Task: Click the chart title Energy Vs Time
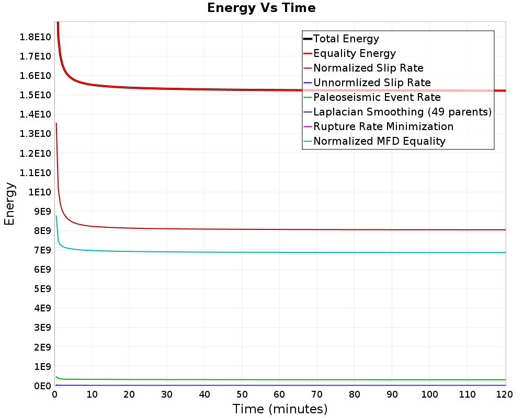pos(261,8)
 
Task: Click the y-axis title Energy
pos(9,203)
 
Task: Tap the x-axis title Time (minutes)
pos(280,409)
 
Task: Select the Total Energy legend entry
pos(346,39)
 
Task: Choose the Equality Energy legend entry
pos(354,53)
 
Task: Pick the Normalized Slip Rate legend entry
pos(368,68)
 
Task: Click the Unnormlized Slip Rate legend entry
pos(372,83)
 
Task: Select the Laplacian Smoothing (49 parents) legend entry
pos(402,112)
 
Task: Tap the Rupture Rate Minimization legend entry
pos(383,126)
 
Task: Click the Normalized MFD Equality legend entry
pos(379,141)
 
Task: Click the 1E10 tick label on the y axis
pos(40,192)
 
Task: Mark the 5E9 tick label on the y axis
pos(42,289)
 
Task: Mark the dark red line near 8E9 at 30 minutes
pos(167,228)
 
